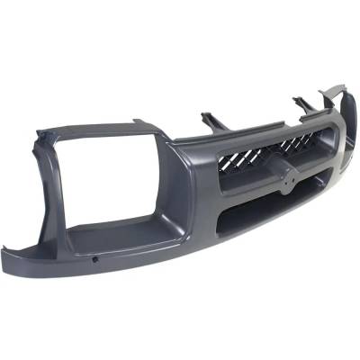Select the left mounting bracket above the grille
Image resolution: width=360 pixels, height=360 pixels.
click(x=213, y=120)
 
